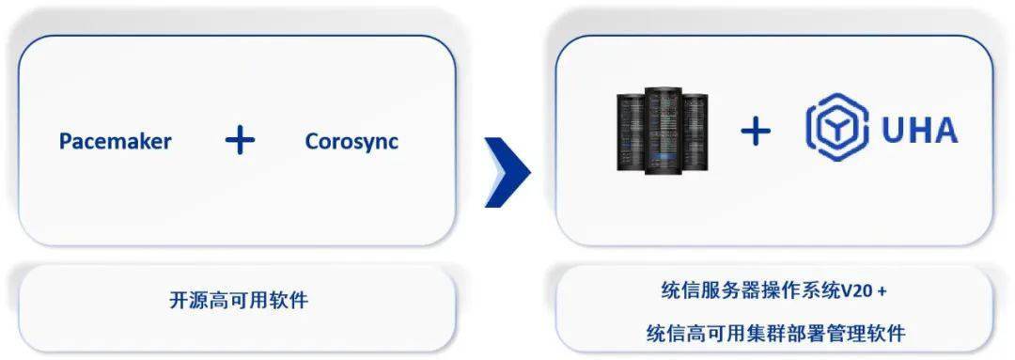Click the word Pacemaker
click(115, 142)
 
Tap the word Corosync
click(351, 142)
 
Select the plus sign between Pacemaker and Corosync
click(240, 141)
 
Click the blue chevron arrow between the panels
click(507, 169)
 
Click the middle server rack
click(664, 129)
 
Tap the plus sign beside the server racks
click(755, 132)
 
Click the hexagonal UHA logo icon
click(836, 130)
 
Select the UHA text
click(919, 131)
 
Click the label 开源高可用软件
click(239, 302)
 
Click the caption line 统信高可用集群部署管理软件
click(775, 333)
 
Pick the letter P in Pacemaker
click(65, 142)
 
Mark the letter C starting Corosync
click(312, 142)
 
